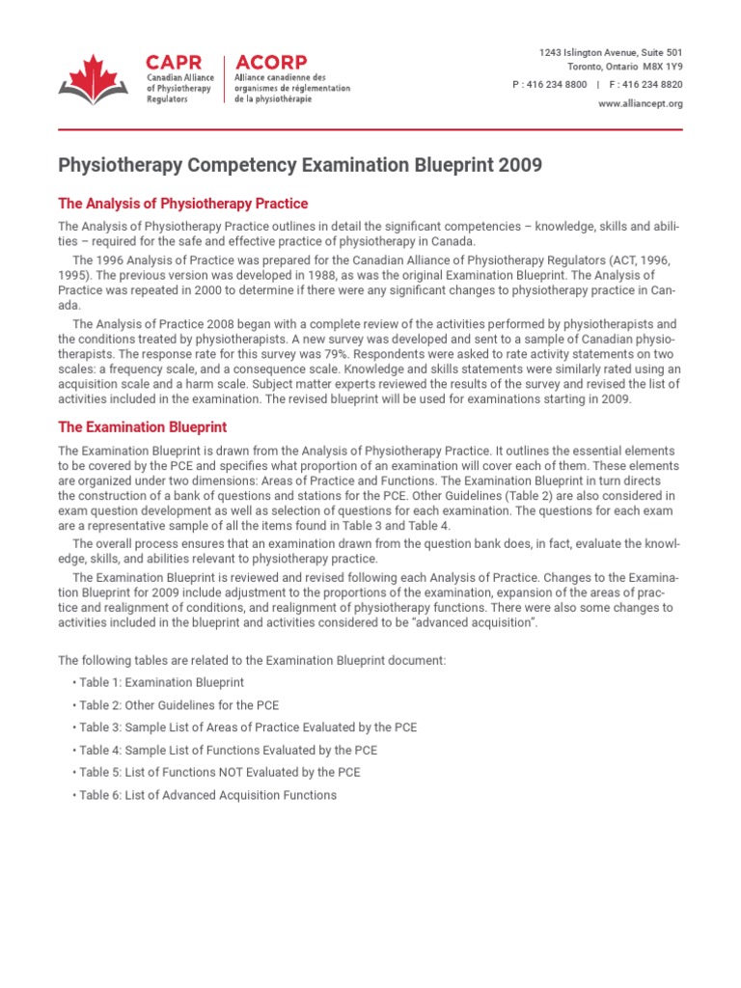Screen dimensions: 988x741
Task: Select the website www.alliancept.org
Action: click(640, 104)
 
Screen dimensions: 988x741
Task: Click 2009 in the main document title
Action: click(521, 166)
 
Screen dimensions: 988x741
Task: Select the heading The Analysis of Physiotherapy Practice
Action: click(183, 204)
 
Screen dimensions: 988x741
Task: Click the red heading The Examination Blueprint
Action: click(143, 426)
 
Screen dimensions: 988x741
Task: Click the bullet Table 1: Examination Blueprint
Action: click(154, 682)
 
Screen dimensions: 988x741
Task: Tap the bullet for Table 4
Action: click(228, 750)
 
